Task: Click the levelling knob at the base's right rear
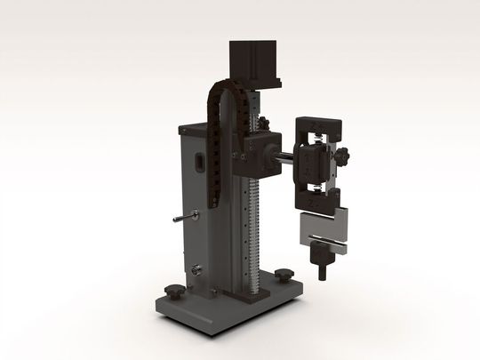284,274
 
